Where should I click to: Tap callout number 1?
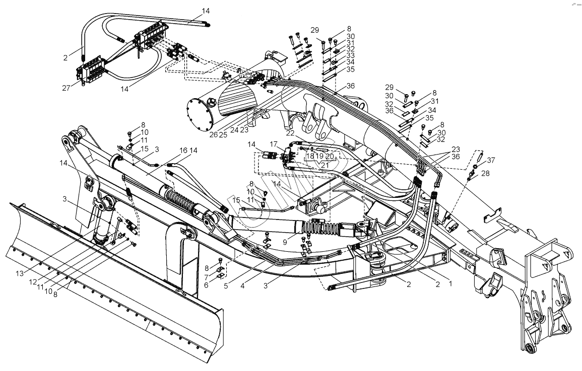(450, 283)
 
